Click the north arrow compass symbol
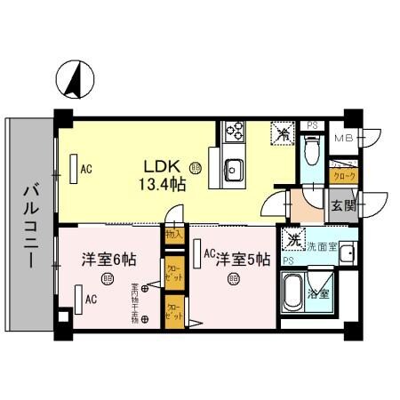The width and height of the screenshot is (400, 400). point(74,81)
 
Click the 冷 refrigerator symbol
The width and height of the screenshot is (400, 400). point(283,134)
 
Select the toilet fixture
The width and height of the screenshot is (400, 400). point(310,151)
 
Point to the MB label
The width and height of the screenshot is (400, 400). point(343,139)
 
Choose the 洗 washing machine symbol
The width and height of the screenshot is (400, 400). point(293,238)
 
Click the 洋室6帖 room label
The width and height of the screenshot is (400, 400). point(109,260)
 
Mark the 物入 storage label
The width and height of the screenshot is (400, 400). point(173,235)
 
